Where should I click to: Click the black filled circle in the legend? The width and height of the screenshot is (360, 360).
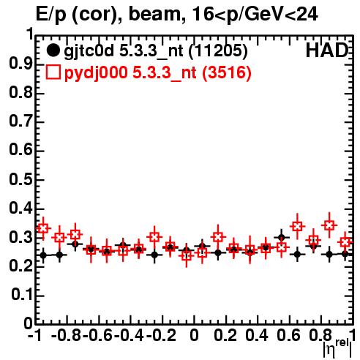coord(53,50)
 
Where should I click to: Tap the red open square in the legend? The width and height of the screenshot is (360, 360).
coord(53,72)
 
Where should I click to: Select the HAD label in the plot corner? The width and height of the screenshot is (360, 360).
coord(327,51)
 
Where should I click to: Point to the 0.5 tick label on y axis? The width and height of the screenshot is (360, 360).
coord(20,179)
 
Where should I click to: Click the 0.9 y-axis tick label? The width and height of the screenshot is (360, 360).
coord(20,64)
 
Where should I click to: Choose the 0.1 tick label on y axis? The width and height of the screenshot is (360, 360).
coord(22,295)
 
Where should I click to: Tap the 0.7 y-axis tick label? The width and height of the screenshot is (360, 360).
coord(20,121)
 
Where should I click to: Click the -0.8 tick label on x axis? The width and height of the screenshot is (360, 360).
coord(67,336)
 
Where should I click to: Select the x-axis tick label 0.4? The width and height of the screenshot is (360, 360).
coord(257,336)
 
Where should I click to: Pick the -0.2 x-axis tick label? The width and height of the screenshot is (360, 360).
coord(161,336)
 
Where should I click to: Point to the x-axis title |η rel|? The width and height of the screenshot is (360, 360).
coord(337,348)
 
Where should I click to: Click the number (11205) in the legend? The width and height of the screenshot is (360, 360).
coord(218,51)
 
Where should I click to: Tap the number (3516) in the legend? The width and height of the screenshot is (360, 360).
coord(227,73)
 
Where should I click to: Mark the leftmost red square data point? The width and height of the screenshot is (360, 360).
coord(43,228)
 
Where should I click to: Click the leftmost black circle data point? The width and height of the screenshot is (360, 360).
coord(43,255)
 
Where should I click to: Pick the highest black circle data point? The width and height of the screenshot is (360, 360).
coord(282,237)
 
